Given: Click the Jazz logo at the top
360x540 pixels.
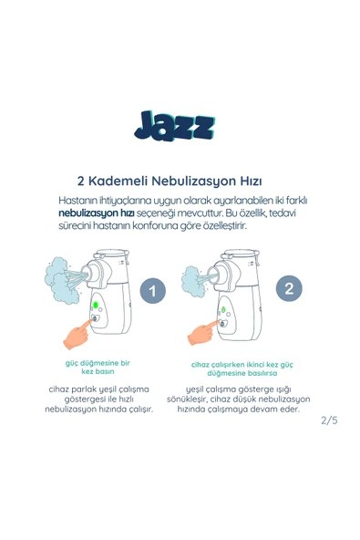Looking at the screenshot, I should [173, 124].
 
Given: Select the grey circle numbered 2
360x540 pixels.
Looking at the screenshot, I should [289, 289].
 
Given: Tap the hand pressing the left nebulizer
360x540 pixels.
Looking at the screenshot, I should [78, 330].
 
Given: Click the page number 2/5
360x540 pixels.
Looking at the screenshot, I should [328, 421].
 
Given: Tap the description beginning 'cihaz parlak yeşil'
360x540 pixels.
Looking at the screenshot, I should [98, 399].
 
